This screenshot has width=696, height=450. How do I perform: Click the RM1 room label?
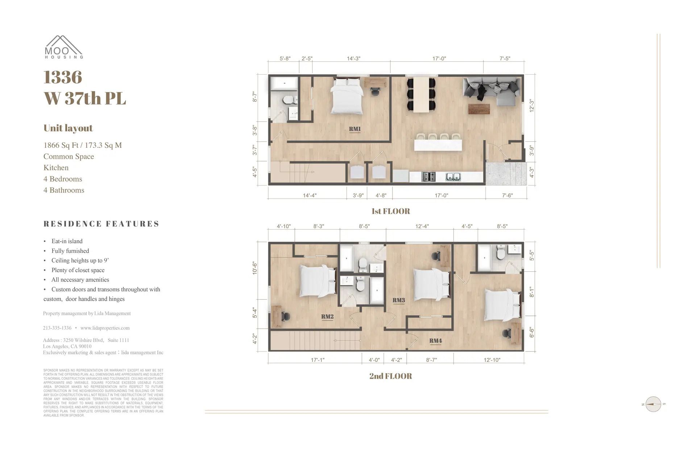click(355, 129)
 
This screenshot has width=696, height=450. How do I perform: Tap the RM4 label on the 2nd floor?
click(435, 341)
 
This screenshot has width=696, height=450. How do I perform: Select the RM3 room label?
click(398, 300)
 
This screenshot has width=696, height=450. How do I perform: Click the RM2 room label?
click(327, 316)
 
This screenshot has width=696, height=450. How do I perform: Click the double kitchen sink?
click(453, 177)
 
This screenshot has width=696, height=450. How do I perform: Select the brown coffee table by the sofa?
click(478, 109)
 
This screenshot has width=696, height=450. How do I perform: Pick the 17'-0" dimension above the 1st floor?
click(439, 58)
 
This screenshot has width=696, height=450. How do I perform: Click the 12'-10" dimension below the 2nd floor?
click(492, 360)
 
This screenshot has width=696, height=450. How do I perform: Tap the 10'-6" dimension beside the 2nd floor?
click(255, 268)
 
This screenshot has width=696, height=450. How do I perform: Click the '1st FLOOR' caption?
click(390, 211)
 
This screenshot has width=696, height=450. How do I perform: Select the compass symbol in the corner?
click(653, 404)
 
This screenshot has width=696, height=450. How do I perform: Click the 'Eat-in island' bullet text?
click(67, 241)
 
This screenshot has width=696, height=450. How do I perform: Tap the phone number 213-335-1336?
click(57, 328)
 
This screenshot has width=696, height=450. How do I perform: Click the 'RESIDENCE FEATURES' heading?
click(101, 224)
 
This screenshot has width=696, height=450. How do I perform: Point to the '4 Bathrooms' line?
click(64, 190)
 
